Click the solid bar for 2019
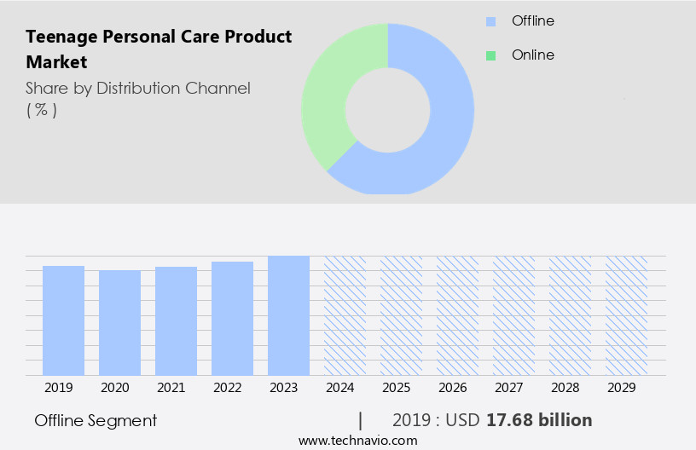coord(63,320)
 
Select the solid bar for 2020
coord(119,323)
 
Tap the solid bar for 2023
coord(288,315)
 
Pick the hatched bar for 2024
coord(345,315)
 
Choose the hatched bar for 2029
coord(626,315)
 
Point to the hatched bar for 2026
coord(457,315)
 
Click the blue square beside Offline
coord(490,21)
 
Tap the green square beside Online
coord(490,55)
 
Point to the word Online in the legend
coord(532,55)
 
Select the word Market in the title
coord(56,62)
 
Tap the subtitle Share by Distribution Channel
coord(138,88)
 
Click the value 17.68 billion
coord(539,420)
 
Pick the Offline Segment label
coord(96,420)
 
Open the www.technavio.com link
coord(357,440)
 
